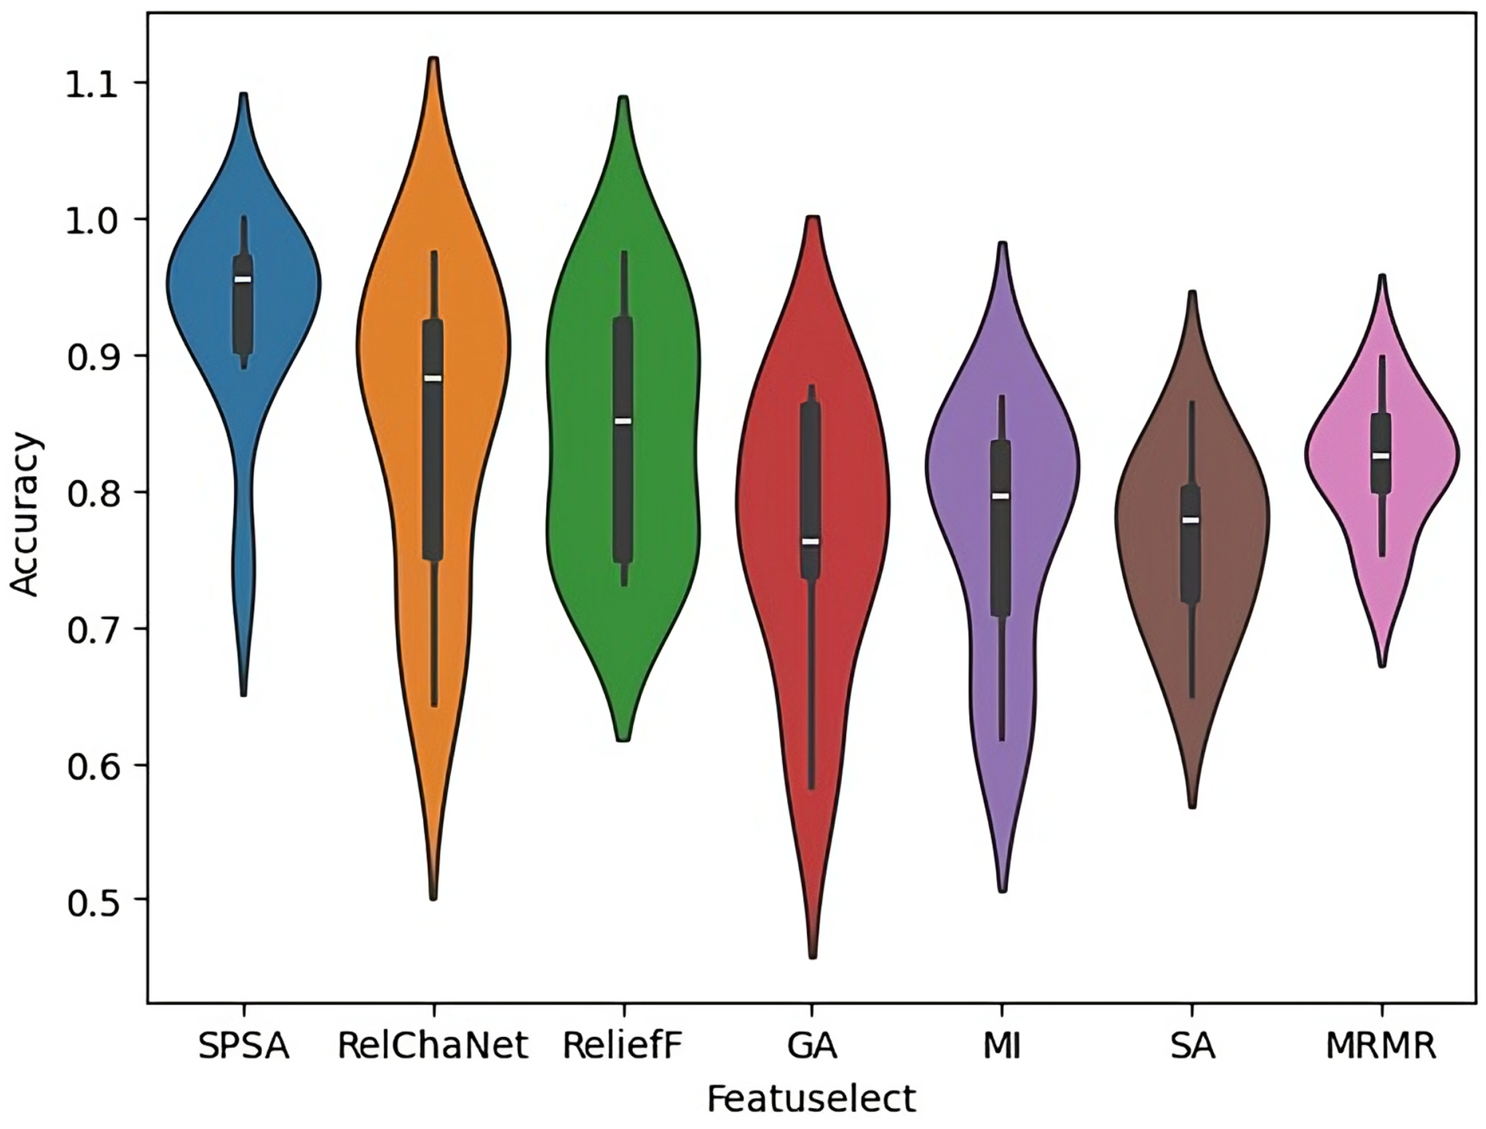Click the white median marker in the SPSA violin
(243, 280)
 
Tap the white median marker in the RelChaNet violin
(433, 378)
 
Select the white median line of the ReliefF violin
(623, 421)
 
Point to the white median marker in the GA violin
(811, 542)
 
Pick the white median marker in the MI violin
(1001, 496)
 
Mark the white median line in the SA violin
(1191, 520)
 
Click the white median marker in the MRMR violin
(1381, 455)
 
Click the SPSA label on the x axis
(243, 1047)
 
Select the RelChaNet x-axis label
(433, 1047)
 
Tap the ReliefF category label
(623, 1047)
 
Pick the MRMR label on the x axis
(1381, 1047)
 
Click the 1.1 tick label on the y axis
(97, 84)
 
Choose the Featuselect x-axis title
(811, 1099)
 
